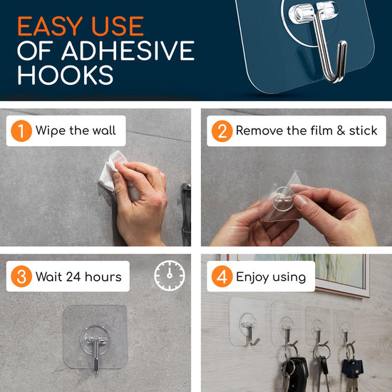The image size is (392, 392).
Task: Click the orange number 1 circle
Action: (21, 130)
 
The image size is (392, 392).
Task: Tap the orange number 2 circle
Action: (222, 131)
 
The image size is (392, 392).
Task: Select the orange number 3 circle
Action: (21, 277)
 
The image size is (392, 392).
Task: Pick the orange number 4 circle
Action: (222, 277)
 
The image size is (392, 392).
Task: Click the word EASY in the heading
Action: (50, 26)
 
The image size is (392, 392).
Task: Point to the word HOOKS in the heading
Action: (66, 75)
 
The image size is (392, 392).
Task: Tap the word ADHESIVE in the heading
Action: (128, 51)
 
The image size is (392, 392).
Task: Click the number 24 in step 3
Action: (73, 277)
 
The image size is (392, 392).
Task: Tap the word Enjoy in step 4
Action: (252, 277)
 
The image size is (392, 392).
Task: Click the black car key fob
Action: (296, 373)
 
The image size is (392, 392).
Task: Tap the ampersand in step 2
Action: (341, 130)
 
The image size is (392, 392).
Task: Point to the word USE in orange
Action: (118, 26)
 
